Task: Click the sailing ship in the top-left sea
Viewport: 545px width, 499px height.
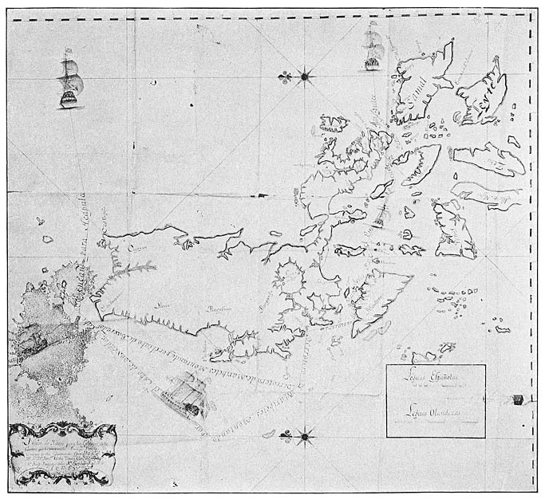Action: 69,80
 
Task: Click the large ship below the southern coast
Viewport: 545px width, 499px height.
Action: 188,396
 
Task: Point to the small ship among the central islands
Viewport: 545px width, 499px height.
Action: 379,214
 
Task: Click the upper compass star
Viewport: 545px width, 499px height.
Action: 305,77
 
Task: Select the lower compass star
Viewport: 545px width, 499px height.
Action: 304,435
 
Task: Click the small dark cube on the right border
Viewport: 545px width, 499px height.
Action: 519,399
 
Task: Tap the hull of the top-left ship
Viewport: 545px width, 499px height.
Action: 69,98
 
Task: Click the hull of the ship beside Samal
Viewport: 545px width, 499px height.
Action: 372,60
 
